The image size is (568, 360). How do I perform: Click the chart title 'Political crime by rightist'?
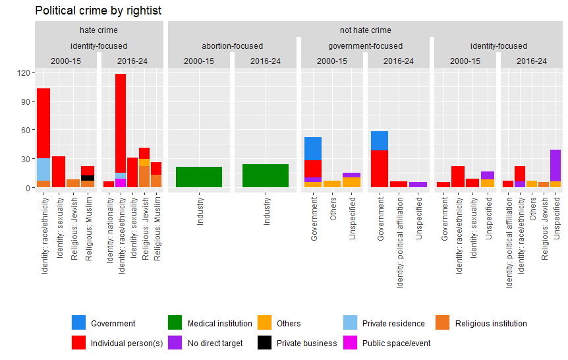[x=98, y=11]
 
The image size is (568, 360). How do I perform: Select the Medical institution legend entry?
[x=219, y=324]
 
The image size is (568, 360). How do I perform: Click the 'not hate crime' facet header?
[x=365, y=30]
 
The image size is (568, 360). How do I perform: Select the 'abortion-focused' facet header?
[x=232, y=46]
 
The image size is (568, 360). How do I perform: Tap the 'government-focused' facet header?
[x=365, y=46]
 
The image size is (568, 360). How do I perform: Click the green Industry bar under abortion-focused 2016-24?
[x=266, y=175]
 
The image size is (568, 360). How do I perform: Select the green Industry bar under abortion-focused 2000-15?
[x=199, y=177]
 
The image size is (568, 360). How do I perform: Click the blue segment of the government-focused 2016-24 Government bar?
[x=379, y=140]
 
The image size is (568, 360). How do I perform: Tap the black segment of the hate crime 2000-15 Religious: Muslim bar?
[x=88, y=178]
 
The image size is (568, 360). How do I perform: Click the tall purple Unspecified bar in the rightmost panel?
[x=555, y=165]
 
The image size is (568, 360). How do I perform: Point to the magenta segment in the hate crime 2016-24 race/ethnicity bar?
[x=121, y=183]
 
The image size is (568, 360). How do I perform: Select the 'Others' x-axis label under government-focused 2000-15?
[x=333, y=209]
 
